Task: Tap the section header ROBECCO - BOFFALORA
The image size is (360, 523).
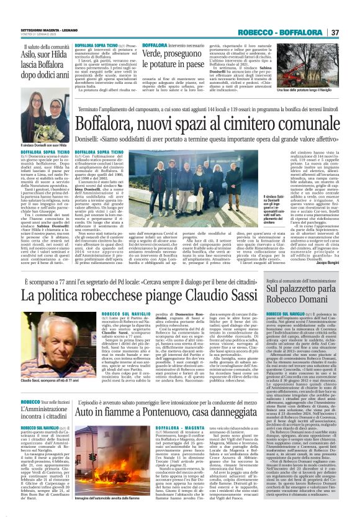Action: [291, 32]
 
